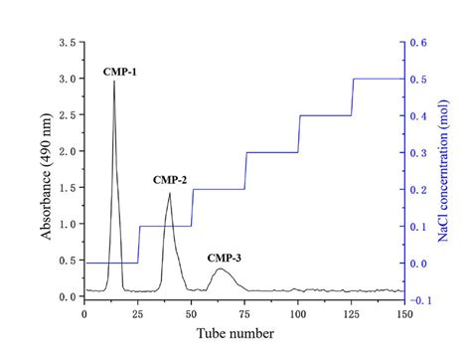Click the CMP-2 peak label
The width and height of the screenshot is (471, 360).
(x=170, y=180)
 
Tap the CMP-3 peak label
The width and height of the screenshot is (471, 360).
(x=224, y=259)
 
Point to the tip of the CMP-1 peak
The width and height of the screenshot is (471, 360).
(x=114, y=82)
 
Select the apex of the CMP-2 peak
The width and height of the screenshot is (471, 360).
(x=169, y=193)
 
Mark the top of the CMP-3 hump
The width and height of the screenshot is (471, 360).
(x=221, y=269)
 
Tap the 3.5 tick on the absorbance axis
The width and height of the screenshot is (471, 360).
(x=67, y=44)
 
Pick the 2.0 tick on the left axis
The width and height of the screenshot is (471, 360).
(x=67, y=152)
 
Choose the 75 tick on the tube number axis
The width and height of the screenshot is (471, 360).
(x=244, y=315)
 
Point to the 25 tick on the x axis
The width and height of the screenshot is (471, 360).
(x=137, y=315)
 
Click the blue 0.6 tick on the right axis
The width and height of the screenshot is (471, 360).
(x=418, y=44)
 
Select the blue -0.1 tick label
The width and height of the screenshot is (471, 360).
(x=419, y=298)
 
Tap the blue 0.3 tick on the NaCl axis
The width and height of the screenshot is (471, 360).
(x=418, y=152)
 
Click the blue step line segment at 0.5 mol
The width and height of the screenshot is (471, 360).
(x=379, y=79)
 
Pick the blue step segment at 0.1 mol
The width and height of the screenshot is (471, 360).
(x=165, y=226)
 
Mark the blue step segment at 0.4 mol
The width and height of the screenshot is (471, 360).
(x=325, y=115)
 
